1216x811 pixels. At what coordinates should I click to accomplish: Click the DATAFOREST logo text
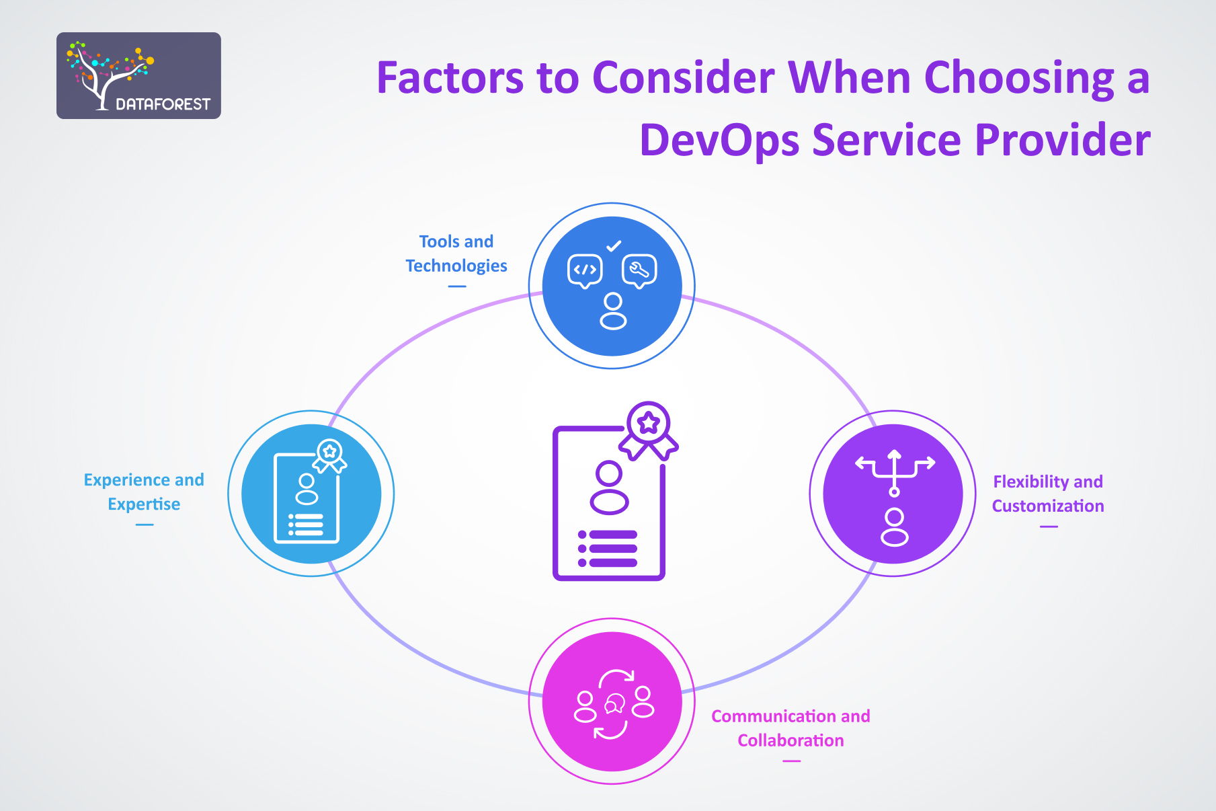point(163,104)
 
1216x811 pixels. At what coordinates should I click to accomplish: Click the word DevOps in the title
point(719,140)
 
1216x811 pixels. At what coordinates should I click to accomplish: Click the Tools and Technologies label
point(456,254)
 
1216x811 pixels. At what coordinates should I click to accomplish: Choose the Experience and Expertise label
point(144,492)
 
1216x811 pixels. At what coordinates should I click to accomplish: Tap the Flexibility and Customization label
point(1048,494)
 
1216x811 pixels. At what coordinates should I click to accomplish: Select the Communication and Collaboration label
point(791,728)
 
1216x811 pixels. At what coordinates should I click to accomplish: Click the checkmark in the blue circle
point(613,246)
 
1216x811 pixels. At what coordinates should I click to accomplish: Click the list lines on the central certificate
point(608,549)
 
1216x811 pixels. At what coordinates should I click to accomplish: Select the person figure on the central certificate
point(609,488)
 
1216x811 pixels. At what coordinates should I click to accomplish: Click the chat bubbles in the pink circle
point(614,704)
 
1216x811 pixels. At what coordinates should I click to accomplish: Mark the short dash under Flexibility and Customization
point(1049,527)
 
